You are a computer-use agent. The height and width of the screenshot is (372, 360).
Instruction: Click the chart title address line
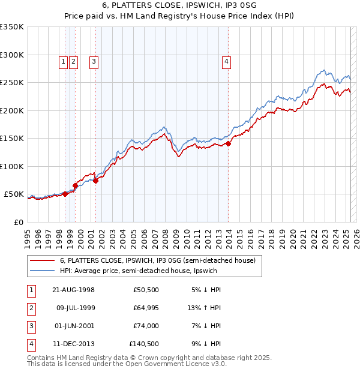[179, 4]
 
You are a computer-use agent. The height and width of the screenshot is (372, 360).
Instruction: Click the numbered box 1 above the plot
[64, 61]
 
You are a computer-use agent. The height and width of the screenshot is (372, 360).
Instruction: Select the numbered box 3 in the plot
[94, 61]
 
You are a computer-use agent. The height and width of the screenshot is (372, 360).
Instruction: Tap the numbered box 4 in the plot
[227, 61]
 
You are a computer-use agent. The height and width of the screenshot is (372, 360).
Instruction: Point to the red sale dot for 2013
[229, 143]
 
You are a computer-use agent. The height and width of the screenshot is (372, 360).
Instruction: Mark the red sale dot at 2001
[95, 181]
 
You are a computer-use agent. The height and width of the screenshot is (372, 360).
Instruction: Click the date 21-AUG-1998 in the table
[73, 290]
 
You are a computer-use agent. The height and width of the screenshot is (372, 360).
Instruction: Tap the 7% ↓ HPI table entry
[205, 326]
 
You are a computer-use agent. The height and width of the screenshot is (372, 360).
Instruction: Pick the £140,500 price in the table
[143, 344]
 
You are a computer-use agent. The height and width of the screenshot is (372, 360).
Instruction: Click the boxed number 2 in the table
[31, 308]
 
